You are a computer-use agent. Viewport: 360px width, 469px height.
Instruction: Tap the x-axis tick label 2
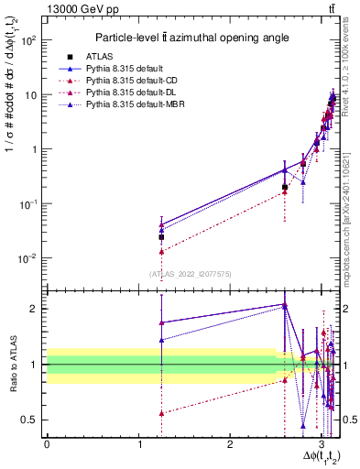coord(231,443)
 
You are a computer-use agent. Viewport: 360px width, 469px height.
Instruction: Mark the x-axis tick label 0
coord(47,443)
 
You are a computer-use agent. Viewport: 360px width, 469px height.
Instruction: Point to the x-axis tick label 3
coord(322,443)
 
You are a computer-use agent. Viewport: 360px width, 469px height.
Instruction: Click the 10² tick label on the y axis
coord(30,41)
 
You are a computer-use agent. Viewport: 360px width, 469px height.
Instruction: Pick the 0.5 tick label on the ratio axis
coord(32,420)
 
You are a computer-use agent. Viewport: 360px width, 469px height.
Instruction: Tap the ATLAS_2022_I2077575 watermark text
coord(190,273)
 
